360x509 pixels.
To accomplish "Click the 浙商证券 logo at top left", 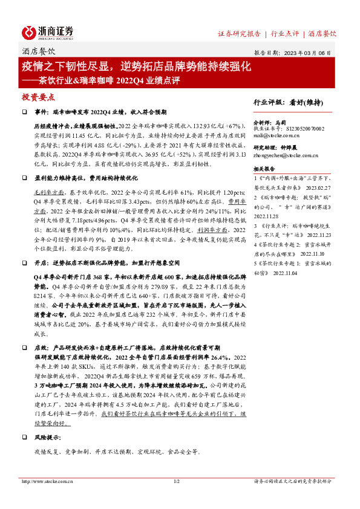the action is (48, 32).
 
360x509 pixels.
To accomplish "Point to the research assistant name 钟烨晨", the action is (287, 148).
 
